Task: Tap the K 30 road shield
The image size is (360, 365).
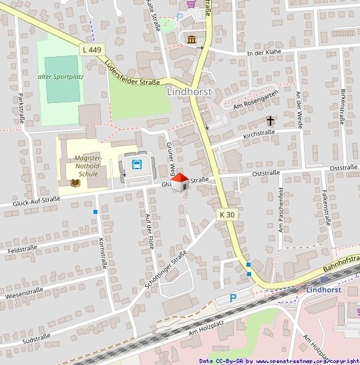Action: click(227, 215)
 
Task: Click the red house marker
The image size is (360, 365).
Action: click(179, 181)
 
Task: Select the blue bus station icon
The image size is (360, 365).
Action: click(136, 164)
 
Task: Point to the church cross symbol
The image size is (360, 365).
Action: click(271, 121)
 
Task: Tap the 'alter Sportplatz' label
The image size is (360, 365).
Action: click(61, 77)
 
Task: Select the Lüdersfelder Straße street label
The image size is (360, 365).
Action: click(132, 74)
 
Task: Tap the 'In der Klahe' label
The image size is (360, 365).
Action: click(264, 53)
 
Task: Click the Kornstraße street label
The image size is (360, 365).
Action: click(102, 253)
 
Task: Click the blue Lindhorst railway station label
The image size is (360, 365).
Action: click(324, 289)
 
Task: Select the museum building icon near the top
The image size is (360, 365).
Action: click(192, 39)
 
